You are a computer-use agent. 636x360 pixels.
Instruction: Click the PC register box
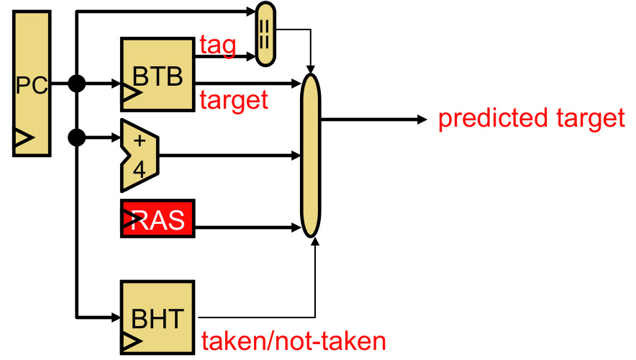[x=31, y=84]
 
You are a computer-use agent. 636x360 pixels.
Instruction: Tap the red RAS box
[x=158, y=220]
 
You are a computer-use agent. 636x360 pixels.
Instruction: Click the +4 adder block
[x=140, y=155]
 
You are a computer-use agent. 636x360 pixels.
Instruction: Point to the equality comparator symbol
[x=265, y=35]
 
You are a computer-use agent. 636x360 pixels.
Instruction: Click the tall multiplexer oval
[x=310, y=155]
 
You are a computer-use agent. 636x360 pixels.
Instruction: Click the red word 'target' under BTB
[x=234, y=100]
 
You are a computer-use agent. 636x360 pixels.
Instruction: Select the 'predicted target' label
[x=532, y=118]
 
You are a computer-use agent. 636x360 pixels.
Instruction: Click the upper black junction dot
[x=76, y=84]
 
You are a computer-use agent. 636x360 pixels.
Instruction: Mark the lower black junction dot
[x=76, y=136]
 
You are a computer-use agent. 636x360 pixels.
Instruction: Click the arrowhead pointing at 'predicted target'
[x=422, y=119]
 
